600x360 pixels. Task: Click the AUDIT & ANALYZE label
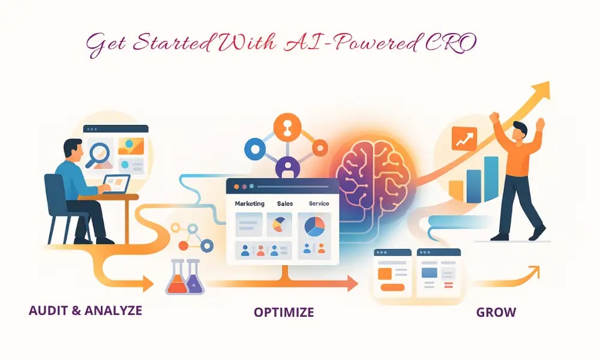[85, 311]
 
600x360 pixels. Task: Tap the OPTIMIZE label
[283, 312]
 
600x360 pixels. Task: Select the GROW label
[496, 312]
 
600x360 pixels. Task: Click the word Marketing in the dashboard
[250, 204]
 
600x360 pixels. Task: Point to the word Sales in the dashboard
[285, 204]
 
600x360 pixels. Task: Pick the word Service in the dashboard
[319, 204]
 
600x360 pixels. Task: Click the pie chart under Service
[314, 226]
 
